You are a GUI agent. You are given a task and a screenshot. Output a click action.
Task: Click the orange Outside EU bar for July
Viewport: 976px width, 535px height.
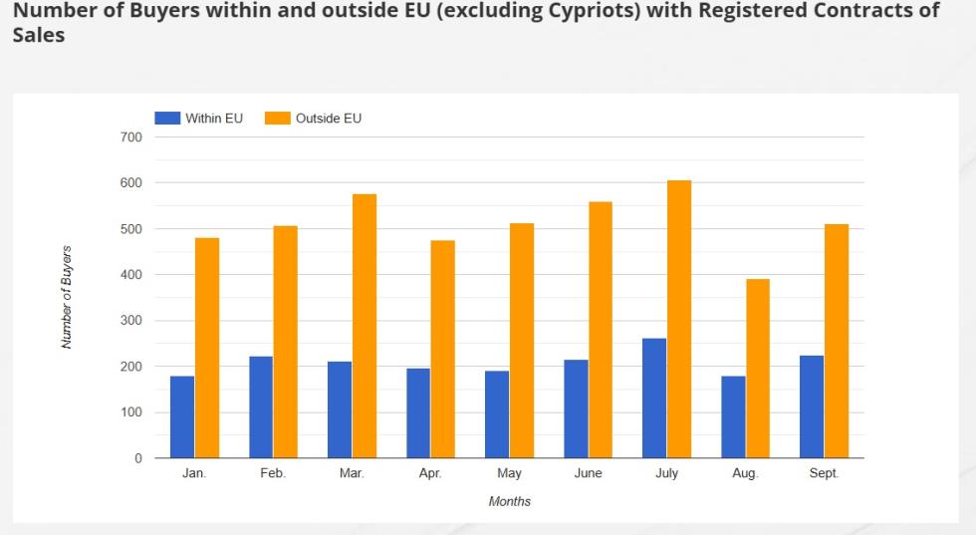[x=679, y=319]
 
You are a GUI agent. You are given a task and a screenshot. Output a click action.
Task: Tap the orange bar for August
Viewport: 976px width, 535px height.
[x=758, y=369]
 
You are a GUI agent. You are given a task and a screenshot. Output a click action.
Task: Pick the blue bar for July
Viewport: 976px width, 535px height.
[x=654, y=399]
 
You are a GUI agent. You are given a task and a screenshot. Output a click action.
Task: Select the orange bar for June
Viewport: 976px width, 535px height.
[x=601, y=330]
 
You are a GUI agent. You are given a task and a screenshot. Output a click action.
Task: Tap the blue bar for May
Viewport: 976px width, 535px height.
[x=497, y=414]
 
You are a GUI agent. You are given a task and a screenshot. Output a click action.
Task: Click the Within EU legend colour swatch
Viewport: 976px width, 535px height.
[x=167, y=119]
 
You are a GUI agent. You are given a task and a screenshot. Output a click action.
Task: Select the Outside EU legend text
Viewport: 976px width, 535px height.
[x=329, y=119]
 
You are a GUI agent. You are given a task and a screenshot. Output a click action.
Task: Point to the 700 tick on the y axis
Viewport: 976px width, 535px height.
[x=130, y=136]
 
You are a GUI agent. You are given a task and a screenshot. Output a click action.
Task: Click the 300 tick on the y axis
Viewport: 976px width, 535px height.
[x=130, y=321]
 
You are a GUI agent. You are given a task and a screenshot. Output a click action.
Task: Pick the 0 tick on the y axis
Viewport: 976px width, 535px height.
[x=138, y=458]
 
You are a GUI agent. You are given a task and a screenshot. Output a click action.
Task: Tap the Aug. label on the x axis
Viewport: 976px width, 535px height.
[x=745, y=474]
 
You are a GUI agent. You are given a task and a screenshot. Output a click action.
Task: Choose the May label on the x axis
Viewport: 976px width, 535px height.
[x=509, y=474]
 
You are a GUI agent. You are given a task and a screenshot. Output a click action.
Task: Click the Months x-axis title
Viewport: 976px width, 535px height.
[x=509, y=501]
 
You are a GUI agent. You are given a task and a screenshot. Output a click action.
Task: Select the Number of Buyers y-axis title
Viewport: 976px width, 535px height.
[x=67, y=296]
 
